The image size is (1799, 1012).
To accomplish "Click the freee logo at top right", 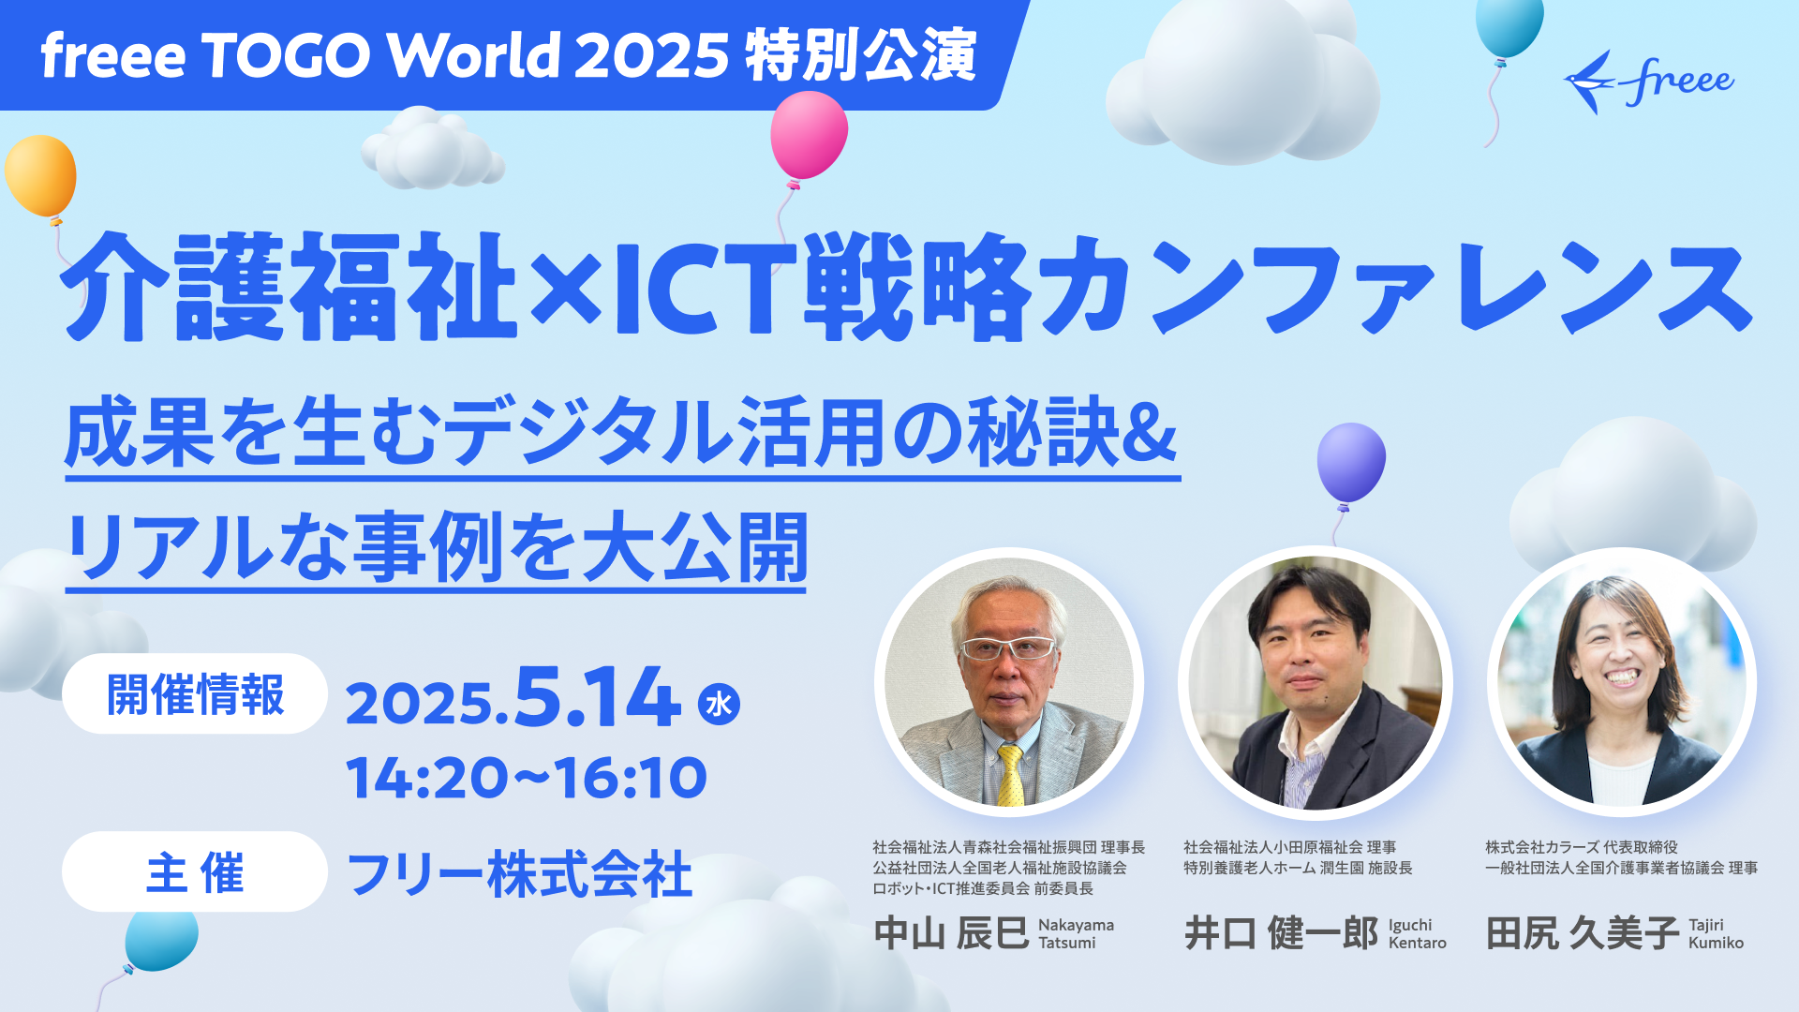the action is click(x=1649, y=82).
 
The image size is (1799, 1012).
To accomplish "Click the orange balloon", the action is click(x=40, y=175).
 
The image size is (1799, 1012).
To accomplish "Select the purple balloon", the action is click(x=1351, y=462).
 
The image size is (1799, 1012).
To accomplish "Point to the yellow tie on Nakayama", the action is click(x=1010, y=776).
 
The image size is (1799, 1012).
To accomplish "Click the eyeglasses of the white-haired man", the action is click(x=1007, y=647).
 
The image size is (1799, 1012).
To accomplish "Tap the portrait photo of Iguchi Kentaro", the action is click(x=1315, y=683).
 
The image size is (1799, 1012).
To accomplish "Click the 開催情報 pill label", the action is click(x=195, y=694).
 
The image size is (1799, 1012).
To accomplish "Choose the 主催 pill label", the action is click(x=195, y=872).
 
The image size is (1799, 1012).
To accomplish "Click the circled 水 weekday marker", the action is click(x=719, y=704).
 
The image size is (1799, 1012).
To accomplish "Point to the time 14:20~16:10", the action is click(x=527, y=778).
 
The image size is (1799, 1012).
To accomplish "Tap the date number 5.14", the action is click(x=597, y=697).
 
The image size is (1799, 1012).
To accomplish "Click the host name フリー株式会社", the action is click(x=520, y=874).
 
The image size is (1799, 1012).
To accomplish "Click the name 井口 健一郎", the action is click(x=1281, y=933).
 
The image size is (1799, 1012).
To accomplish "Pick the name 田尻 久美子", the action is click(x=1583, y=933).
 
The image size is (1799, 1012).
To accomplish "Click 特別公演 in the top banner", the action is click(x=861, y=55).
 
